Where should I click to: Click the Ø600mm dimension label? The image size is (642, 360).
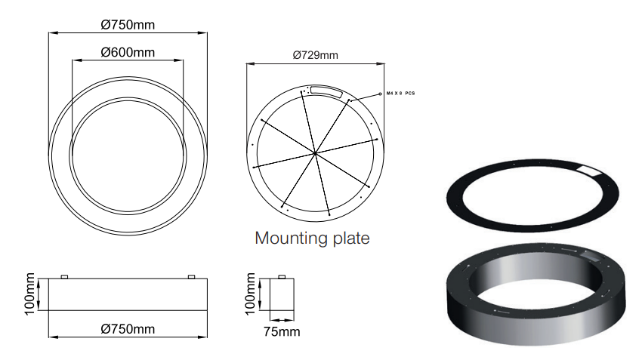tap(128, 52)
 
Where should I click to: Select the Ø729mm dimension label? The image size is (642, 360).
tap(315, 55)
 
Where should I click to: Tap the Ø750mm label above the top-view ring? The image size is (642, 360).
tap(128, 25)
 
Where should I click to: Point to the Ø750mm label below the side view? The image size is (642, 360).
tap(128, 329)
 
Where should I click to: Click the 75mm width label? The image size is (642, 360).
tap(282, 331)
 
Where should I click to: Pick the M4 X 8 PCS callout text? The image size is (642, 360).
tap(400, 94)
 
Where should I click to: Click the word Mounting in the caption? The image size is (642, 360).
tap(292, 238)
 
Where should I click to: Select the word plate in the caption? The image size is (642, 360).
tap(351, 238)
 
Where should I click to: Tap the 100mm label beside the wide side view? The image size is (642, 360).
tap(30, 294)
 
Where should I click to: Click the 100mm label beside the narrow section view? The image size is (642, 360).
tap(250, 294)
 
